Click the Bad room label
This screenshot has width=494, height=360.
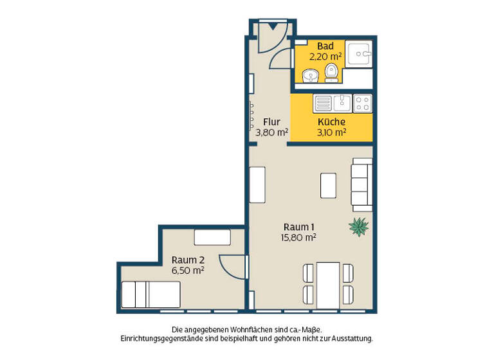[325, 46]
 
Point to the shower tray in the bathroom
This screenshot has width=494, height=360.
[360, 53]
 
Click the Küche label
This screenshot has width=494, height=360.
[331, 122]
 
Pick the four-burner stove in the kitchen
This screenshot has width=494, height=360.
[362, 103]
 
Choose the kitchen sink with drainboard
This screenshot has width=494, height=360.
[331, 103]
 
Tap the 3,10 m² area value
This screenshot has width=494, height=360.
[331, 132]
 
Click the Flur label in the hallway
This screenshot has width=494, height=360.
[271, 122]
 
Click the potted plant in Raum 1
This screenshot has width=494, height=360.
[358, 226]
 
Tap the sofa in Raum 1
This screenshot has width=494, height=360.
[361, 186]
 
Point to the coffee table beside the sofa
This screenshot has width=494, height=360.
[328, 185]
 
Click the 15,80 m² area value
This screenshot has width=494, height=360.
[298, 237]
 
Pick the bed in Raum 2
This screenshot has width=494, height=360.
[151, 294]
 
